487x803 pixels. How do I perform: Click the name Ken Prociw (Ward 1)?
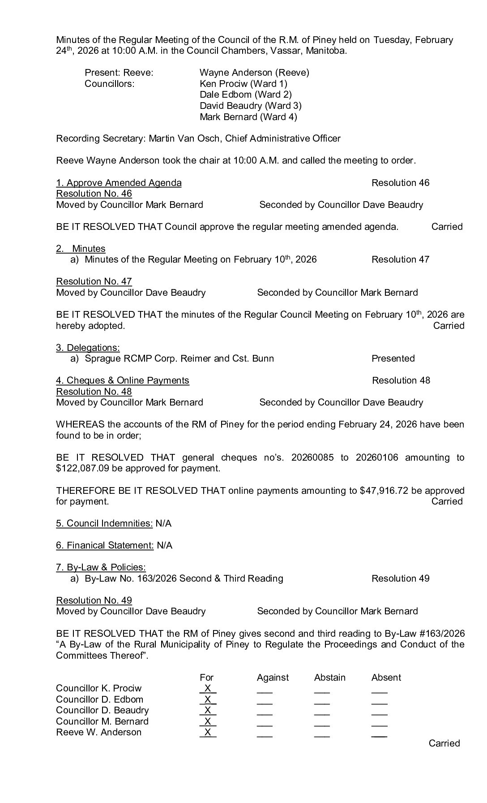point(243,83)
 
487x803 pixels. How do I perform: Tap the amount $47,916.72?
point(384,491)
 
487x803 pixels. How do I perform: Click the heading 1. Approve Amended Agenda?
point(119,183)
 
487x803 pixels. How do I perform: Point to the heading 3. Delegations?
point(88,348)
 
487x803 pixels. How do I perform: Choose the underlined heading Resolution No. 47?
point(94,281)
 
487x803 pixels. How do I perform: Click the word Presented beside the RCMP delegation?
point(393,358)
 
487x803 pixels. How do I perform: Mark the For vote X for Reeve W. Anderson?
point(207,733)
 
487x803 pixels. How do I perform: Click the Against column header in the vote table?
point(273,678)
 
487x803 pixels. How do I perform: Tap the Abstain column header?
point(330,678)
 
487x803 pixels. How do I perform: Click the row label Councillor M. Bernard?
point(102,721)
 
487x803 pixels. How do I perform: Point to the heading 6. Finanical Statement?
point(105,545)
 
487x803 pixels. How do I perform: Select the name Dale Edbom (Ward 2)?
point(245,95)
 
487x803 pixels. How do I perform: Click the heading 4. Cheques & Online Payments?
point(122,380)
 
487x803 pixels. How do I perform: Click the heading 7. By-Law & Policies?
point(101,567)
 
